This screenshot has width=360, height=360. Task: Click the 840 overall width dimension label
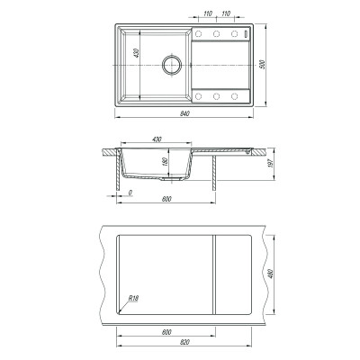[x=184, y=113]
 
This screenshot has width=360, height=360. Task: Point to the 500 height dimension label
[x=263, y=65]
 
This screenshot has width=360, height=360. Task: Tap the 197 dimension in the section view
[x=272, y=164]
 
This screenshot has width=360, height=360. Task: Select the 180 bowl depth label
[x=164, y=162]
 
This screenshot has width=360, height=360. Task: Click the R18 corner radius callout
[x=133, y=299]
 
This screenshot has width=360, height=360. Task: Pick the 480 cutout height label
[x=271, y=274]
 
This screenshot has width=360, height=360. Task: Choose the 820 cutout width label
[x=185, y=342]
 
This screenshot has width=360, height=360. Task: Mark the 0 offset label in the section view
[x=130, y=193]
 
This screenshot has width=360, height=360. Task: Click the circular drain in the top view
[x=172, y=65]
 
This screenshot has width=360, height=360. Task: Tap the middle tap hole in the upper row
[x=216, y=33]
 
